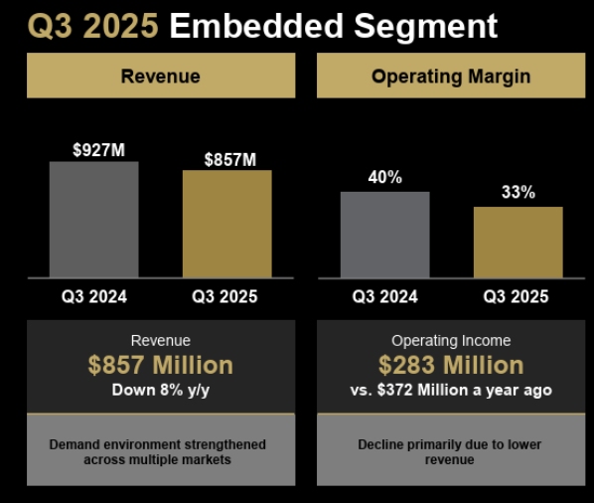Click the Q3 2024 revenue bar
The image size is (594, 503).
click(94, 220)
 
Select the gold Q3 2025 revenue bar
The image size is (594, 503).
click(226, 224)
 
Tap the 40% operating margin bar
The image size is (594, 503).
click(385, 235)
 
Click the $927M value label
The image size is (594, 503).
click(98, 150)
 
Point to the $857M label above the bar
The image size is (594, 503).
click(230, 159)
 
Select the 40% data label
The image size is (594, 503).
click(385, 178)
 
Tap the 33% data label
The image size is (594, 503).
click(518, 193)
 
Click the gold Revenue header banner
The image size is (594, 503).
click(161, 76)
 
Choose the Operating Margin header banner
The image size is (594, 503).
click(451, 76)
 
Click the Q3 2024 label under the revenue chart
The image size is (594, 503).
click(94, 296)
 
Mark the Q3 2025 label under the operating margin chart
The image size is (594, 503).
click(516, 296)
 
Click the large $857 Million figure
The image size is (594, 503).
click(161, 365)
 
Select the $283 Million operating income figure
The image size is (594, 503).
click(451, 365)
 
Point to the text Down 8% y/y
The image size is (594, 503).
click(161, 390)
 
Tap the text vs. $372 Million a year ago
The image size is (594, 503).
click(451, 390)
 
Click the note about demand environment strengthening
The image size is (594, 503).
click(158, 452)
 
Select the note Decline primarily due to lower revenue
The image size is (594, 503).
click(450, 452)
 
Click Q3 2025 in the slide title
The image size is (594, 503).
click(92, 26)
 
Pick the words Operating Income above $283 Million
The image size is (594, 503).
click(451, 340)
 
